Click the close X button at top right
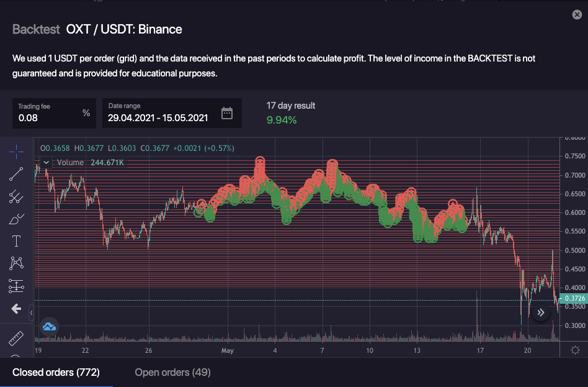pyautogui.click(x=577, y=15)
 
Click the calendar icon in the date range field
pyautogui.click(x=227, y=113)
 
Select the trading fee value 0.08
pyautogui.click(x=29, y=117)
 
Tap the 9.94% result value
pyautogui.click(x=282, y=120)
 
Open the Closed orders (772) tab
pyautogui.click(x=56, y=372)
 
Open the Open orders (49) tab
pyautogui.click(x=172, y=372)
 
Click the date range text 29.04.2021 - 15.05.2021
pyautogui.click(x=158, y=117)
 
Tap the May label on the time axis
pyautogui.click(x=228, y=350)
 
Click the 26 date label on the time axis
pyautogui.click(x=149, y=350)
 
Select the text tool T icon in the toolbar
pyautogui.click(x=16, y=241)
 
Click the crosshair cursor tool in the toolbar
pyautogui.click(x=16, y=152)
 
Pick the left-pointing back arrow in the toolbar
pyautogui.click(x=16, y=309)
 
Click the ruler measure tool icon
pyautogui.click(x=16, y=339)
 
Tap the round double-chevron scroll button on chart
pyautogui.click(x=541, y=312)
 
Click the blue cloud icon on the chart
pyautogui.click(x=49, y=326)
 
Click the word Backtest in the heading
pyautogui.click(x=36, y=29)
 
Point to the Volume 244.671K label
pyautogui.click(x=90, y=163)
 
